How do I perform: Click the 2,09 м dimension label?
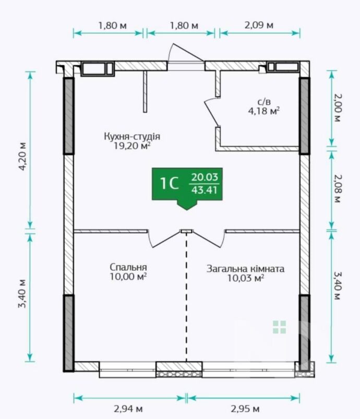pyautogui.click(x=259, y=25)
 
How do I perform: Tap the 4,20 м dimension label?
pyautogui.click(x=23, y=157)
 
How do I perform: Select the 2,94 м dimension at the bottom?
pyautogui.click(x=128, y=409)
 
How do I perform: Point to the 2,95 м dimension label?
pyautogui.click(x=245, y=409)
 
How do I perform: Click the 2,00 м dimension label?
pyautogui.click(x=337, y=107)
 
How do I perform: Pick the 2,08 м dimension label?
pyautogui.click(x=337, y=189)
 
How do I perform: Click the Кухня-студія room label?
pyautogui.click(x=132, y=136)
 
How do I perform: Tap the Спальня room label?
pyautogui.click(x=128, y=267)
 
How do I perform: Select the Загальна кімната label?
pyautogui.click(x=245, y=269)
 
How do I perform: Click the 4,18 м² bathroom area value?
pyautogui.click(x=264, y=111)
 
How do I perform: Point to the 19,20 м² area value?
pyautogui.click(x=132, y=146)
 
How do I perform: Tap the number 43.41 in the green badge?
pyautogui.click(x=205, y=190)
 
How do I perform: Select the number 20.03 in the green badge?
pyautogui.click(x=205, y=177)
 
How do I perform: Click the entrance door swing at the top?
pyautogui.click(x=186, y=52)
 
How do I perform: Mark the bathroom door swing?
pyautogui.click(x=212, y=112)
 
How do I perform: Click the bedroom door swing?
pyautogui.click(x=163, y=238)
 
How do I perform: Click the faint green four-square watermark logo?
pyautogui.click(x=280, y=327)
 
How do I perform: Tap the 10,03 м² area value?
pyautogui.click(x=246, y=278)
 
